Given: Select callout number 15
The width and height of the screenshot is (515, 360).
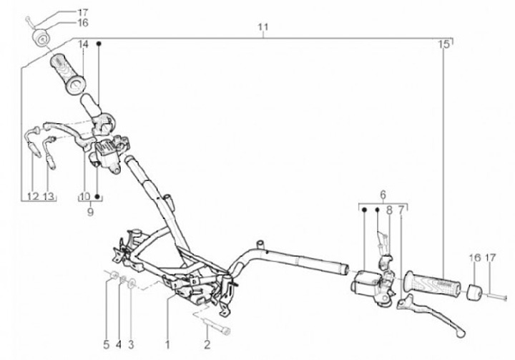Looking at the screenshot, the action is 444,44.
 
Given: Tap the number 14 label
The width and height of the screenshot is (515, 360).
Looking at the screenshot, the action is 83,44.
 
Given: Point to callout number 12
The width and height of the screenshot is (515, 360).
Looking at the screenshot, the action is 32,196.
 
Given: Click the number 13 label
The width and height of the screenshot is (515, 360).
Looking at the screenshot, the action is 49,196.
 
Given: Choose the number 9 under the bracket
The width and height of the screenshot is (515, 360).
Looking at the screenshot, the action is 90,212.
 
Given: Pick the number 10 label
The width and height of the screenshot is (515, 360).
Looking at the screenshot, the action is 84,196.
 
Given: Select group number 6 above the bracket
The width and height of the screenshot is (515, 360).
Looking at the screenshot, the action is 382,194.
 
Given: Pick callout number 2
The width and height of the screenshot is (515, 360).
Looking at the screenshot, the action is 207,347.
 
